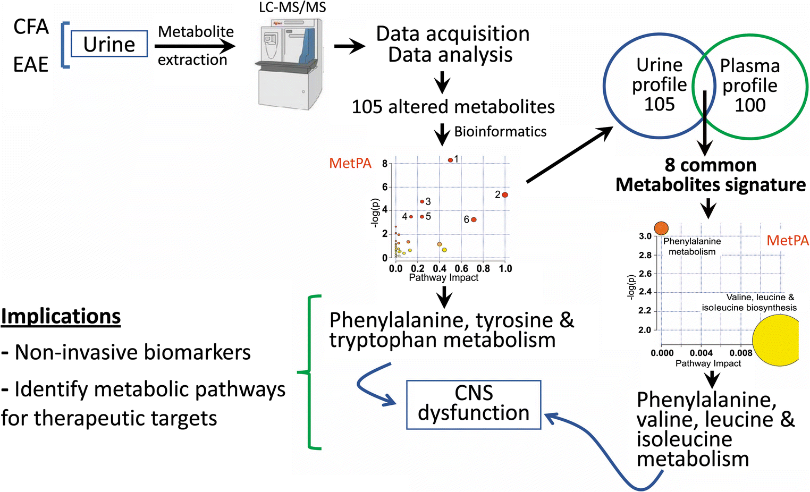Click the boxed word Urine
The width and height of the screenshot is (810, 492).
point(109,44)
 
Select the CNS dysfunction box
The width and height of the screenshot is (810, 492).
point(474,404)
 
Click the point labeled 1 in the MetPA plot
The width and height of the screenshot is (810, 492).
point(450,160)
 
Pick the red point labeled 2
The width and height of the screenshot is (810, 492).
point(505,195)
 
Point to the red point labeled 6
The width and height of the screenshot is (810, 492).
point(474,219)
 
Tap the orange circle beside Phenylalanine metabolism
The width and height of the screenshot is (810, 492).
point(661,228)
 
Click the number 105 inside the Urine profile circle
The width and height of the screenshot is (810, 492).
point(659,104)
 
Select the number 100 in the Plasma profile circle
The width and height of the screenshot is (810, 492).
point(750,105)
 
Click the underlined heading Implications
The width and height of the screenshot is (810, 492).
point(61,316)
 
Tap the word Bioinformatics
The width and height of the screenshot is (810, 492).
point(500,132)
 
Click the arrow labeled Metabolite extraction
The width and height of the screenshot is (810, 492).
point(195,46)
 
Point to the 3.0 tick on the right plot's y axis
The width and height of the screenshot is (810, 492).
point(645,236)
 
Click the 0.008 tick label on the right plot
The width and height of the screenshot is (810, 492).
point(740,353)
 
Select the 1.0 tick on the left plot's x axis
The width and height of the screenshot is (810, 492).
point(505,268)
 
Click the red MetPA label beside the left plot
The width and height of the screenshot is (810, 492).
point(350,163)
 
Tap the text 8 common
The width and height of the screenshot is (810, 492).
point(711,165)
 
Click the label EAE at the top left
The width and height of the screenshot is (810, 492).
point(31,65)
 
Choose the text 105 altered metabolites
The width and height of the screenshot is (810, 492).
point(453,107)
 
